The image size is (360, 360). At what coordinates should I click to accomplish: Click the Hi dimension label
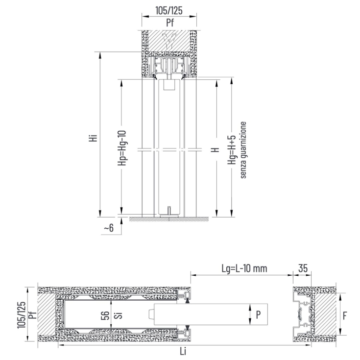94,138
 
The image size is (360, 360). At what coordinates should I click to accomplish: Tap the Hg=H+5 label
232,149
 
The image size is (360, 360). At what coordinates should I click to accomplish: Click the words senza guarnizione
243,150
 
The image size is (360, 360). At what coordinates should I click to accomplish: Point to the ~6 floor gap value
109,228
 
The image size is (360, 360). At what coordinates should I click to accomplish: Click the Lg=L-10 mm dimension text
244,268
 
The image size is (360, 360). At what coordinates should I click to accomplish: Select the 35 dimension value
303,268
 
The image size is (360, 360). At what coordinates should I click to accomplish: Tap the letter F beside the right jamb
345,316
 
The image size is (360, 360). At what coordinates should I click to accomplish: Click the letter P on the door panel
258,315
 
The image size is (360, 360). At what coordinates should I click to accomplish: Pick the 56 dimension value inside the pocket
105,316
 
